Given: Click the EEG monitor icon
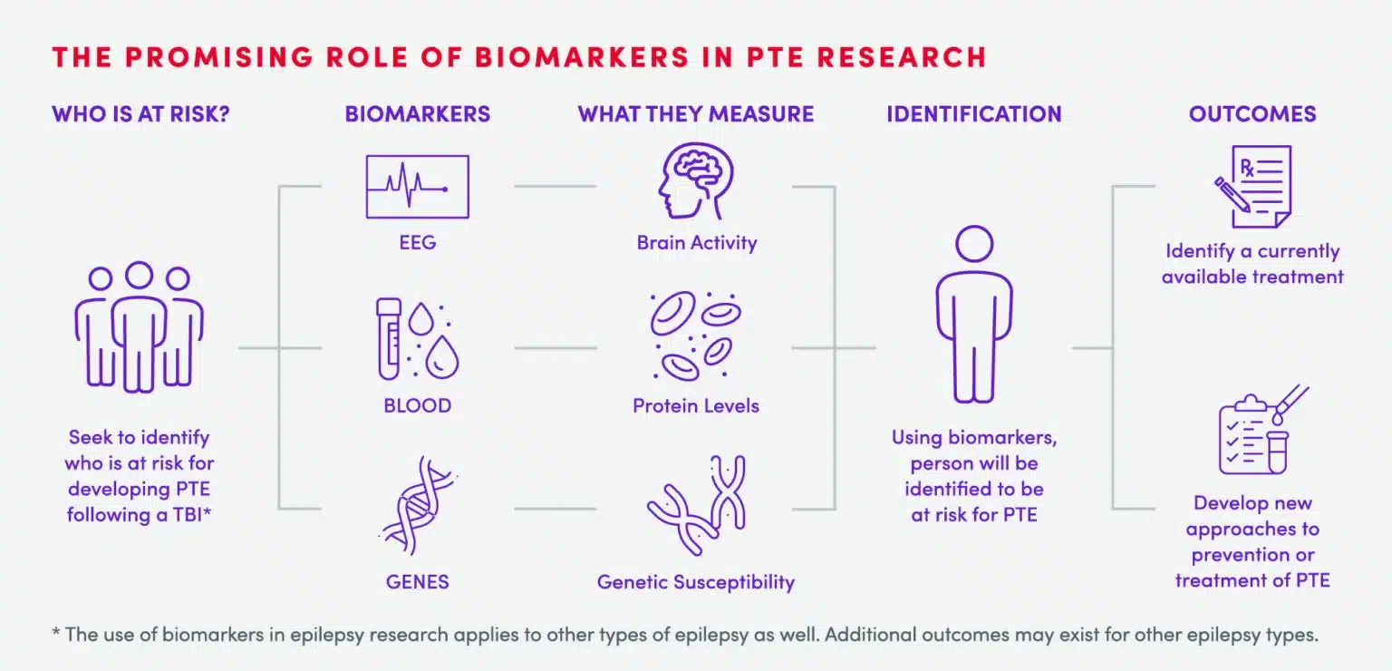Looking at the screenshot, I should [417, 186].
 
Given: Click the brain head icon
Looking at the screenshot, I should [695, 181].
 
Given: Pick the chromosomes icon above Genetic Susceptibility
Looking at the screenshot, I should [695, 504].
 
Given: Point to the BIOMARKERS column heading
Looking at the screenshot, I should [417, 114].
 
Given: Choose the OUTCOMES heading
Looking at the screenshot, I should [1252, 114].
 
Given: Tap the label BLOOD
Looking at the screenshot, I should [417, 405].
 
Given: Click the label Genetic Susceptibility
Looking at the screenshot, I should [695, 582].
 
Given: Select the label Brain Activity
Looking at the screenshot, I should [696, 243].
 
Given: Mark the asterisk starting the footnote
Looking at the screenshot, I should [56, 633].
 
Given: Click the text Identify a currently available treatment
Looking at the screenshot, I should [1252, 264].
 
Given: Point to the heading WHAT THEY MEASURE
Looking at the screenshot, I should [695, 114].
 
